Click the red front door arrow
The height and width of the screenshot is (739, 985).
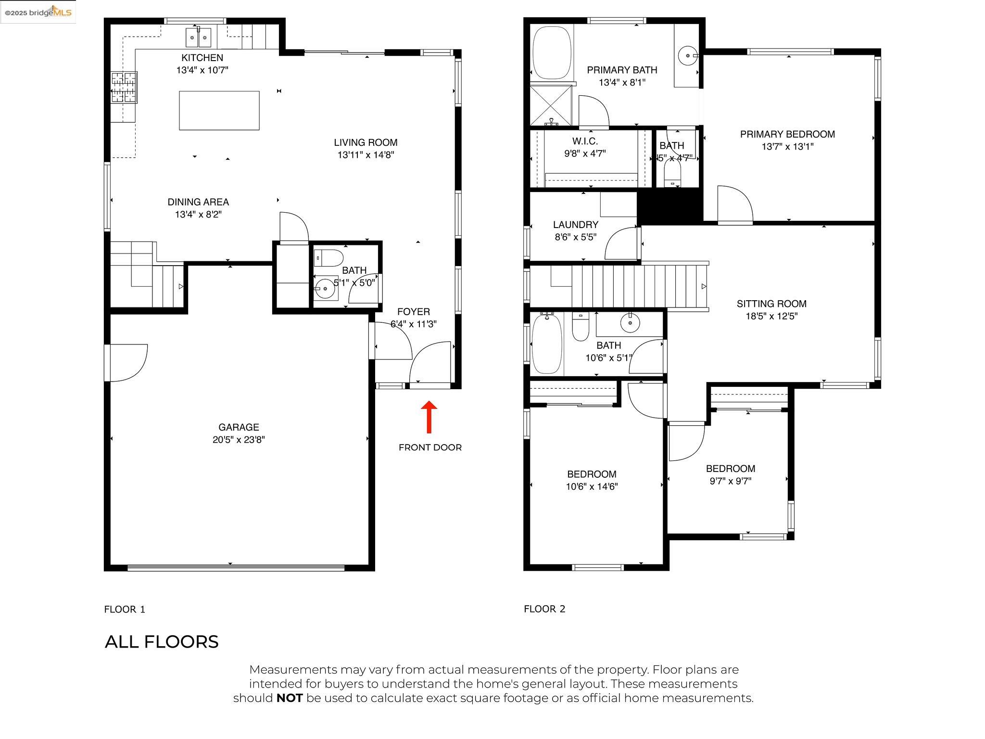click(429, 417)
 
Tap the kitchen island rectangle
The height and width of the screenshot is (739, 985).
click(219, 110)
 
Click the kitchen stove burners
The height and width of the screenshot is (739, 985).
click(124, 87)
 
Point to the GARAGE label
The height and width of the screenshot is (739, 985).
click(239, 427)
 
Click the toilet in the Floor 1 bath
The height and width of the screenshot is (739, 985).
click(328, 258)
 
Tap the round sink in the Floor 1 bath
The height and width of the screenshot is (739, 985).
click(325, 289)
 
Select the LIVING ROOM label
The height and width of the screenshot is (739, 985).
click(366, 142)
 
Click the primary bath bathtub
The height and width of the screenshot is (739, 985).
click(552, 52)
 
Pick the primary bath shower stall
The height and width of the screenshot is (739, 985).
click(551, 105)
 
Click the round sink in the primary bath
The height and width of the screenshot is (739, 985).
click(688, 56)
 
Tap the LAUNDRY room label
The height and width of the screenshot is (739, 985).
click(576, 225)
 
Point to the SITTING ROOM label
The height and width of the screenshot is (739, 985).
click(771, 304)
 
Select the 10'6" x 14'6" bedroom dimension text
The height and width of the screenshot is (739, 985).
click(592, 486)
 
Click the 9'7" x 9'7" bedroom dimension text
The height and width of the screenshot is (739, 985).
click(730, 481)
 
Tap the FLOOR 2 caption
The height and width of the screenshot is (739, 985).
click(544, 609)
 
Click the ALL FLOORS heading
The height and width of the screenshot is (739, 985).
click(162, 641)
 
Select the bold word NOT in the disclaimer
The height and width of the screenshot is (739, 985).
click(289, 698)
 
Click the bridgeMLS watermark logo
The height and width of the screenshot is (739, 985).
click(38, 12)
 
